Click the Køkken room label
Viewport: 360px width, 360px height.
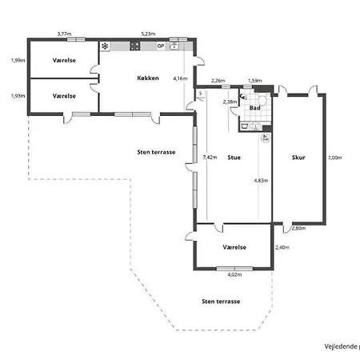pos(148,78)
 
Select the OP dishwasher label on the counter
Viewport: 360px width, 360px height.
pos(161,46)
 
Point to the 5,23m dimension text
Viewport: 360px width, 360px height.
pos(148,34)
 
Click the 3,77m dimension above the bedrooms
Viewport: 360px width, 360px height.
pos(64,34)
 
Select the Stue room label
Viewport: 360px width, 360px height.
pos(234,158)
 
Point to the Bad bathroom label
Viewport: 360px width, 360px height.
pos(255,107)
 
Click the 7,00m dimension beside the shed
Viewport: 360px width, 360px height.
pos(334,158)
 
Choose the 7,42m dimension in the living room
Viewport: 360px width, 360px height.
pos(210,158)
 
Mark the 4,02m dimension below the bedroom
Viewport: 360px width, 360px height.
pos(234,275)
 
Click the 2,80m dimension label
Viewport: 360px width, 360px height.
pos(298,229)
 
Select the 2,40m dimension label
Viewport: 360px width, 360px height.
pos(282,247)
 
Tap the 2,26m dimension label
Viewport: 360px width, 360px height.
pos(218,81)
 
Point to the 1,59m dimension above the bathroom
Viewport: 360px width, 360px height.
pos(254,81)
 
